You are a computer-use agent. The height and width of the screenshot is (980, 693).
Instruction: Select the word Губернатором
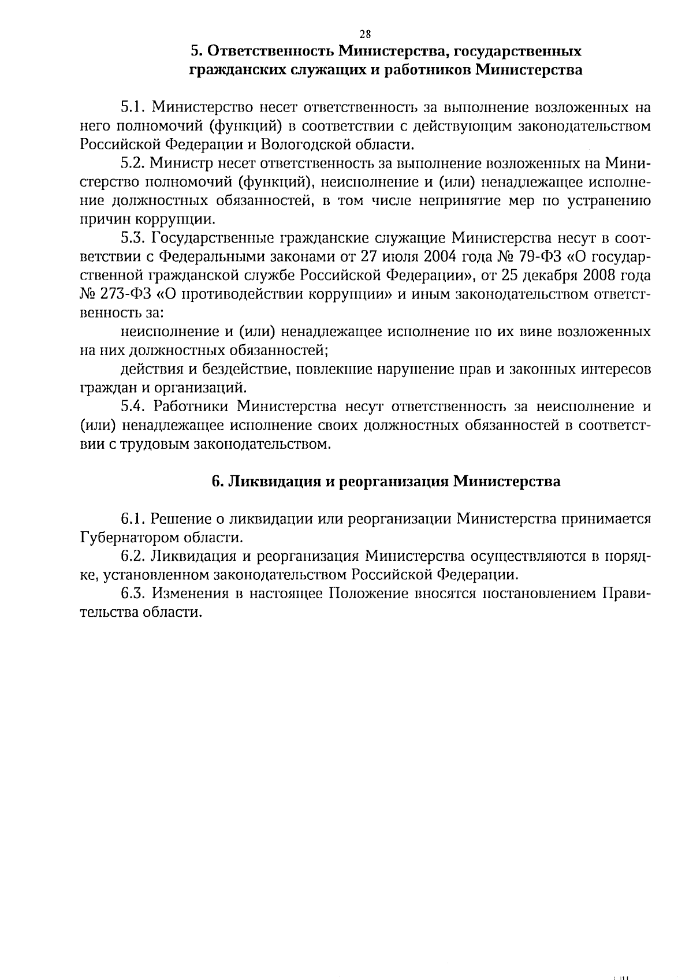click(x=128, y=538)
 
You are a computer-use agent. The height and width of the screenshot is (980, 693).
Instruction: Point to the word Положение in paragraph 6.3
click(x=368, y=594)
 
